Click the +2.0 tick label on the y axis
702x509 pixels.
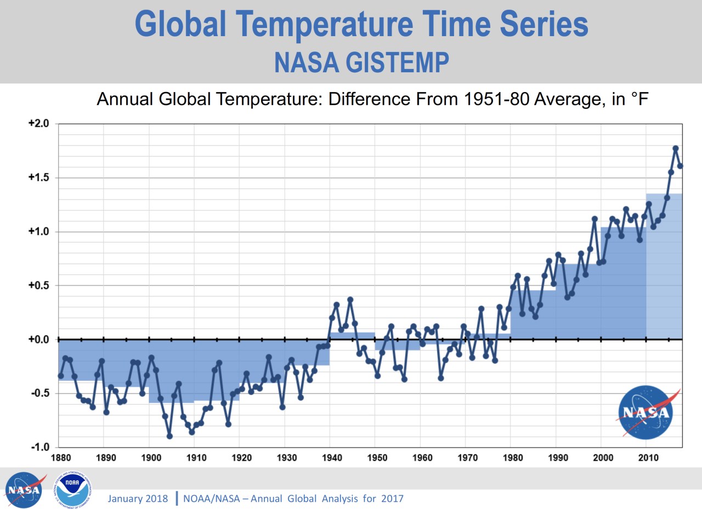[x=38, y=124]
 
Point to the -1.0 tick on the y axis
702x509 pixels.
[x=38, y=447]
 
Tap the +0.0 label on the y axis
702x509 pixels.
[x=38, y=340]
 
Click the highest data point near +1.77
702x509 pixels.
[x=676, y=148]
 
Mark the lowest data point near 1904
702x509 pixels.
[x=169, y=436]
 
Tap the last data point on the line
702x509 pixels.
[x=680, y=166]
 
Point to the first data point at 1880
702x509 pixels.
[x=61, y=376]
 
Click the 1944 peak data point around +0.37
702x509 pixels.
[x=350, y=300]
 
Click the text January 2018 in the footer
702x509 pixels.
[x=138, y=499]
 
